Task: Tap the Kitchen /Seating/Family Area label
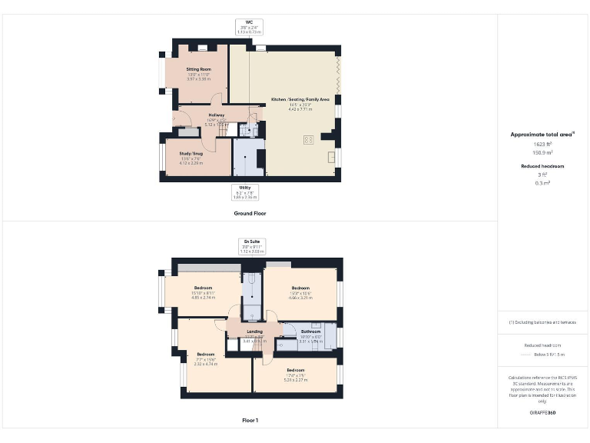point(300,100)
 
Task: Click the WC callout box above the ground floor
point(250,27)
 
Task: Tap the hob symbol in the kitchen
point(309,139)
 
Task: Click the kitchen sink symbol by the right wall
point(330,157)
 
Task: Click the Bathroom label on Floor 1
point(310,331)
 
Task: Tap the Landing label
point(254,332)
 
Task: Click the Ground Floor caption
point(250,213)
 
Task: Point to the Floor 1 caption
point(250,421)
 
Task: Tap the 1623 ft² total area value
point(543,144)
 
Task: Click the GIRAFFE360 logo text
point(542,413)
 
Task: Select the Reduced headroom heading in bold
point(543,166)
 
